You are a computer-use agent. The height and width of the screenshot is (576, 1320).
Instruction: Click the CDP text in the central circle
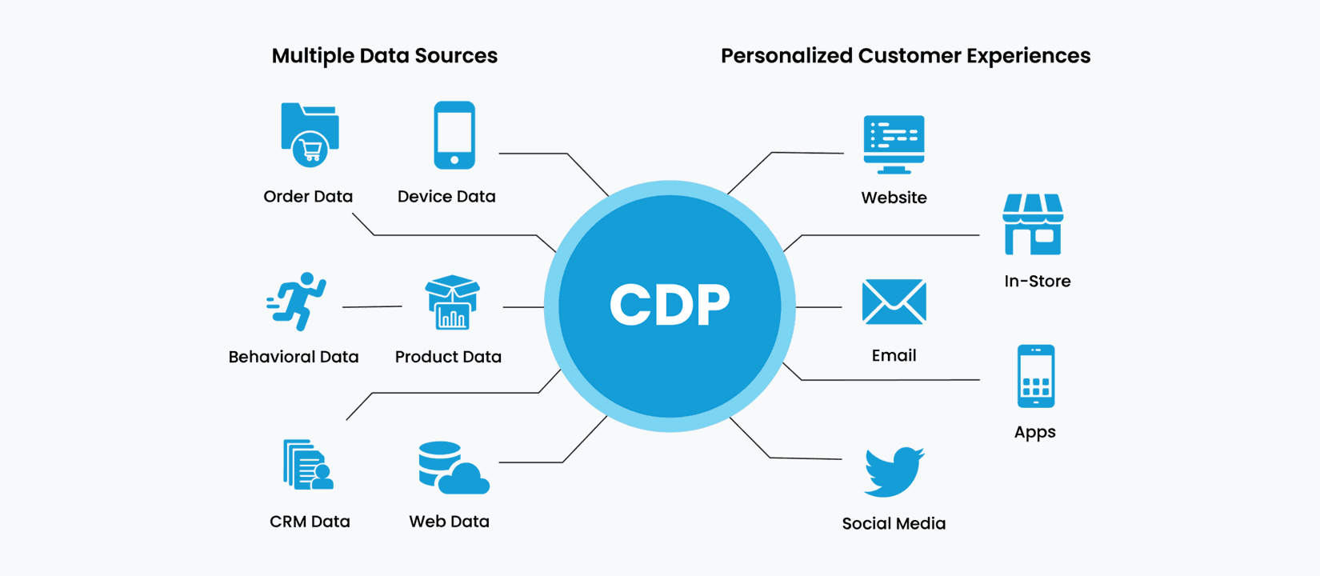(x=670, y=304)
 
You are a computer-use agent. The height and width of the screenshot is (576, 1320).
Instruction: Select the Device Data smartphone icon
(x=454, y=135)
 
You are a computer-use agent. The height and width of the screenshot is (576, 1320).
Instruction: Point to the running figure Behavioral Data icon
(x=296, y=302)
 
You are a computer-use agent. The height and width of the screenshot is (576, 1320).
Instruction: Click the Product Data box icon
(x=453, y=302)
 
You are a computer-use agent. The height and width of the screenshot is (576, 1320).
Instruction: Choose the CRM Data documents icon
(x=308, y=465)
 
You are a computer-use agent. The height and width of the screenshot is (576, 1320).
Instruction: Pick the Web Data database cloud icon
(x=454, y=467)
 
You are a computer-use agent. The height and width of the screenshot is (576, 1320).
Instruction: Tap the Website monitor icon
(x=894, y=145)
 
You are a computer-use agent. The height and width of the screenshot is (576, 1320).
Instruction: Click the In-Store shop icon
(x=1033, y=224)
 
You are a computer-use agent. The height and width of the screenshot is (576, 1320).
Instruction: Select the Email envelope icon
(x=894, y=302)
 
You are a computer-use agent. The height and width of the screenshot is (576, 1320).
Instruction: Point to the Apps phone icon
(x=1036, y=376)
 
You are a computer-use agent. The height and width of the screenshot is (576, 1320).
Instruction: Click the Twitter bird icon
(x=894, y=472)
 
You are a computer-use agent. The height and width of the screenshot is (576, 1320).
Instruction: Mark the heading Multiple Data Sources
(x=385, y=56)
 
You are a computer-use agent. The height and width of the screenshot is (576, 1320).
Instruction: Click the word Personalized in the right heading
(x=786, y=56)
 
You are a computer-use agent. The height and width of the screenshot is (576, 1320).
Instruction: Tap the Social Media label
(x=894, y=523)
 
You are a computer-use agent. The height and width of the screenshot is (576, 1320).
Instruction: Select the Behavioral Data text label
(x=294, y=357)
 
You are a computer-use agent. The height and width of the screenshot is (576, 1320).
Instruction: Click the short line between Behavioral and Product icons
(x=373, y=306)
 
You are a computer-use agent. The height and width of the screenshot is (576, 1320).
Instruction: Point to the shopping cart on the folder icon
(x=310, y=150)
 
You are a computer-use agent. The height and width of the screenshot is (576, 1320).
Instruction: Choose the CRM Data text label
(x=310, y=522)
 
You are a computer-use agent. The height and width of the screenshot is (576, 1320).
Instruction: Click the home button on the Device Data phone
(x=454, y=160)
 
